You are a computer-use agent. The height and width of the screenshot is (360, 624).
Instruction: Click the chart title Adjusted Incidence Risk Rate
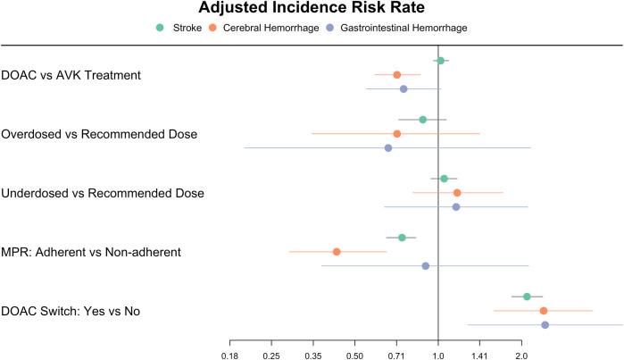click(312, 9)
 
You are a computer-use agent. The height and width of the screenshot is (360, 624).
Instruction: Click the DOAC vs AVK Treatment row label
click(71, 75)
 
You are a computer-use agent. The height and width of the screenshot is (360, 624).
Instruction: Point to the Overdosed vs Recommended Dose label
click(99, 134)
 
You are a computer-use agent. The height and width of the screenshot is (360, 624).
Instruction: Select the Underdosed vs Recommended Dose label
click(103, 193)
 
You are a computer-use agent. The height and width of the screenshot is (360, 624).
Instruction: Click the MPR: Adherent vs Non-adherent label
click(92, 252)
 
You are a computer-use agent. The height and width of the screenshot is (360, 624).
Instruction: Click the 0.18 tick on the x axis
click(230, 353)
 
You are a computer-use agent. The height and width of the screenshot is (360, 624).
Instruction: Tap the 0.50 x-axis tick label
click(354, 353)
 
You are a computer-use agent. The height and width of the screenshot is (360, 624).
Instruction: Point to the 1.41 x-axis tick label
click(479, 353)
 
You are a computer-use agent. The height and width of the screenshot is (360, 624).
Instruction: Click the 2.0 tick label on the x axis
click(521, 353)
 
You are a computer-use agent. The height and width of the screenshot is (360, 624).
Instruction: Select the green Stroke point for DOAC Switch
click(527, 297)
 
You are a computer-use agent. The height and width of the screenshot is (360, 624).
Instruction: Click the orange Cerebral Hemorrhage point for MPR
click(337, 252)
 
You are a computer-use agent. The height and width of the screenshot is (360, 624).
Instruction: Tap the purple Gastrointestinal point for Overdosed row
click(388, 147)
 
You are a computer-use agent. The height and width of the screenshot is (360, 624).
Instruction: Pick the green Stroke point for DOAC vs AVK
click(440, 61)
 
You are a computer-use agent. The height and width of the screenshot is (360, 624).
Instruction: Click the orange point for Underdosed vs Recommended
click(457, 193)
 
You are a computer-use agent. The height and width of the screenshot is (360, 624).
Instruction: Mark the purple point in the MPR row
click(425, 265)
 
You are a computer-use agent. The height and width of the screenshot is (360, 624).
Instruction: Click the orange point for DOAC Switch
click(544, 311)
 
